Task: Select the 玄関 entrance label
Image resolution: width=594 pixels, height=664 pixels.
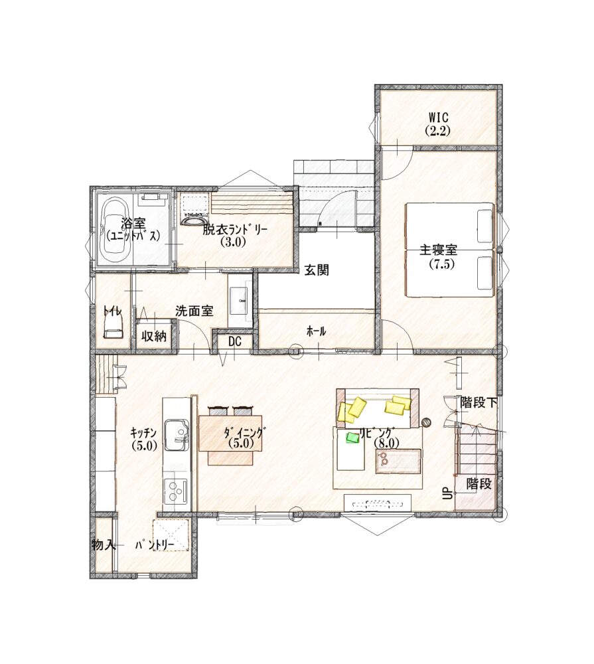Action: (317, 270)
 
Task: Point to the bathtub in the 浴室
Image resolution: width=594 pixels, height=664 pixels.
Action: (114, 231)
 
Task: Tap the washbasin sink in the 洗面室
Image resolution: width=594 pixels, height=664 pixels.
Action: (240, 300)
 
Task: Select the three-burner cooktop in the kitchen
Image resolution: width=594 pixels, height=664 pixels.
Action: (176, 492)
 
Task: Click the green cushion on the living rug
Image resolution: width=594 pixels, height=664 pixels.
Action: (353, 437)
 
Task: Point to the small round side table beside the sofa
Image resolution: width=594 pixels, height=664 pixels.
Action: (426, 422)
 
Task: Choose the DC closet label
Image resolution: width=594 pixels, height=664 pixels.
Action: (234, 341)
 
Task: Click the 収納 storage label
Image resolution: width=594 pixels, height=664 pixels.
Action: (154, 337)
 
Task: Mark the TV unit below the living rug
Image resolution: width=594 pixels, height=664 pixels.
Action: (377, 503)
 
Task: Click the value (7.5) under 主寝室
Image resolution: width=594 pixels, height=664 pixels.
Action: (441, 264)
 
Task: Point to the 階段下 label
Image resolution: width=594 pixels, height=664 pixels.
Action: (479, 402)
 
